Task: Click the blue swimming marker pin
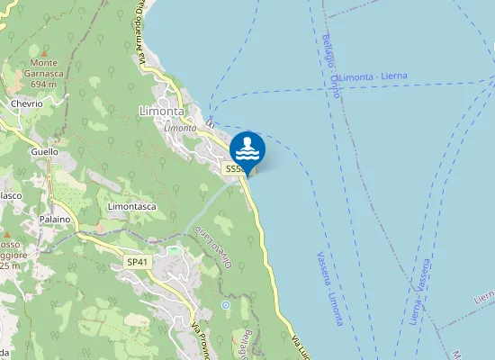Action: [x=247, y=149]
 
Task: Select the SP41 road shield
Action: [x=137, y=262]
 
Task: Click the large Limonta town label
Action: [x=162, y=111]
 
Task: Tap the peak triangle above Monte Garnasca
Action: [x=43, y=52]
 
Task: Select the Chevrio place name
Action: [x=27, y=103]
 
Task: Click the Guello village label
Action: [x=44, y=152]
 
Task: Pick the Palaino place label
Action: [x=54, y=220]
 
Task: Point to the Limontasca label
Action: [x=132, y=207]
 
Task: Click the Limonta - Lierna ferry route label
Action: [x=373, y=77]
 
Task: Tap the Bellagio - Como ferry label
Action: [x=330, y=61]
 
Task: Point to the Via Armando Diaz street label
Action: [x=141, y=36]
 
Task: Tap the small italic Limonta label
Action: [x=180, y=128]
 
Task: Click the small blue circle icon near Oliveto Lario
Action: [x=225, y=305]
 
